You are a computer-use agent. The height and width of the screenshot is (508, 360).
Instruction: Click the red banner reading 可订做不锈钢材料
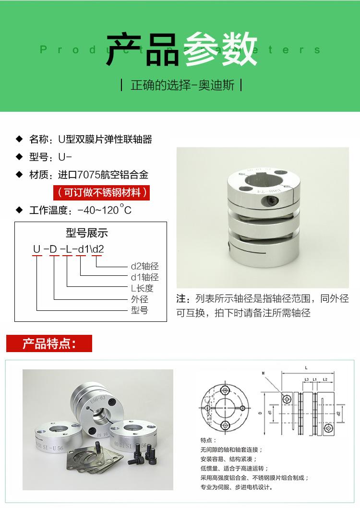(101, 192)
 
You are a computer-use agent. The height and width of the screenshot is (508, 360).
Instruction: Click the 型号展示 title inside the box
(87, 233)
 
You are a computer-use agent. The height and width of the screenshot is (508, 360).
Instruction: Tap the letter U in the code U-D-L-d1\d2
(37, 249)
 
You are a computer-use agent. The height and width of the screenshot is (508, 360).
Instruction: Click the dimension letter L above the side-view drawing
(306, 367)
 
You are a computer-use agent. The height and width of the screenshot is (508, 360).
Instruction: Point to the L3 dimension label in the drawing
(306, 379)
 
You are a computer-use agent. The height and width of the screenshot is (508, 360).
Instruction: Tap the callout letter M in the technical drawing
(263, 373)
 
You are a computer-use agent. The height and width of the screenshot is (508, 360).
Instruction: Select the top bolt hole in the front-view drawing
(224, 388)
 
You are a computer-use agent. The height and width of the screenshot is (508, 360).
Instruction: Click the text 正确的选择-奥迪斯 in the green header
(182, 85)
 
